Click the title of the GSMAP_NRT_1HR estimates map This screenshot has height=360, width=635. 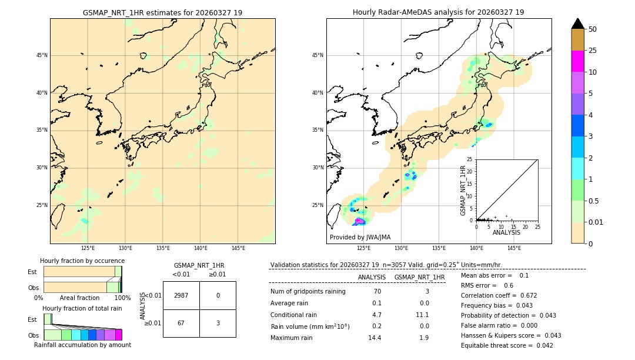click(x=162, y=12)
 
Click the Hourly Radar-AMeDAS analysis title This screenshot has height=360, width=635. click(x=438, y=12)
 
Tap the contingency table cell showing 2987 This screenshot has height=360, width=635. click(x=181, y=295)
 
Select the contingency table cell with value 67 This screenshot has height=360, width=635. click(x=181, y=323)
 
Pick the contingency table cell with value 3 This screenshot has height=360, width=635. click(x=218, y=323)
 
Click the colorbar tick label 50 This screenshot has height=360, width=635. click(x=593, y=29)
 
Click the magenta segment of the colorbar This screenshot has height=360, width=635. click(x=577, y=61)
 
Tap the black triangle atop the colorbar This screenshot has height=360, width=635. click(x=577, y=24)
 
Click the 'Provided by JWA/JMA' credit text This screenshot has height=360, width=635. click(x=360, y=237)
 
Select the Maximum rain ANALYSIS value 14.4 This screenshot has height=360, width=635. click(x=375, y=338)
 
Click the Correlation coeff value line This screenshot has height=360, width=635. click(x=499, y=295)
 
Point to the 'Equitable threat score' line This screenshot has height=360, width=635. click(x=507, y=345)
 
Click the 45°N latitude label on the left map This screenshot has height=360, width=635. click(x=42, y=55)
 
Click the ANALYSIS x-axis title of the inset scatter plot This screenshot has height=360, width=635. click(x=506, y=232)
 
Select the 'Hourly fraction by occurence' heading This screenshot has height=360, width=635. click(x=82, y=261)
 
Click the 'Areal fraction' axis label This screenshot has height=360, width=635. click(x=79, y=298)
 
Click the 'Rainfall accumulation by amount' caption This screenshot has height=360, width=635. click(x=82, y=345)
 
